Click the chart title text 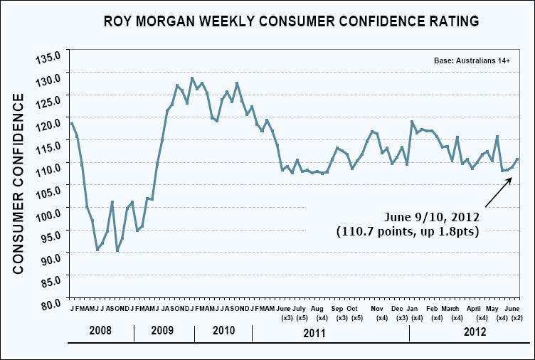[x=291, y=21]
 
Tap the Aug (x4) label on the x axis [x=318, y=313]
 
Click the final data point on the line [x=517, y=159]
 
